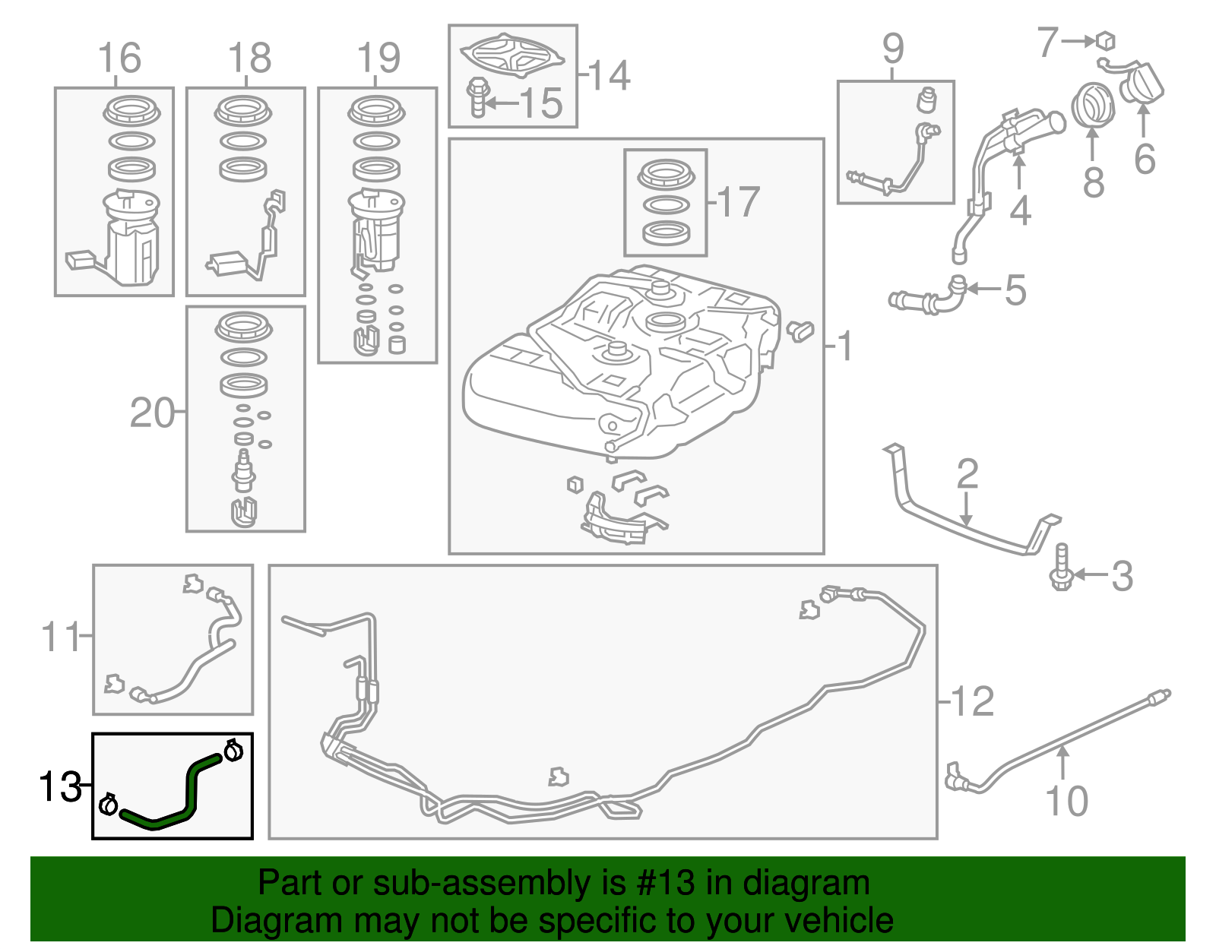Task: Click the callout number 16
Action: tap(119, 58)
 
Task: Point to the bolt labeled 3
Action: tap(1062, 567)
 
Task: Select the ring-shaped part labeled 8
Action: tap(1092, 106)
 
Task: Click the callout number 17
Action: tap(738, 201)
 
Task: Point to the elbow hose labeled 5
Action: tap(931, 297)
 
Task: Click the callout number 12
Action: tap(972, 701)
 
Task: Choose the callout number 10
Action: tap(1066, 801)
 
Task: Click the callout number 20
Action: tap(152, 413)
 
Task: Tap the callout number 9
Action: tap(893, 49)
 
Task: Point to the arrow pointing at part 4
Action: tap(1018, 171)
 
